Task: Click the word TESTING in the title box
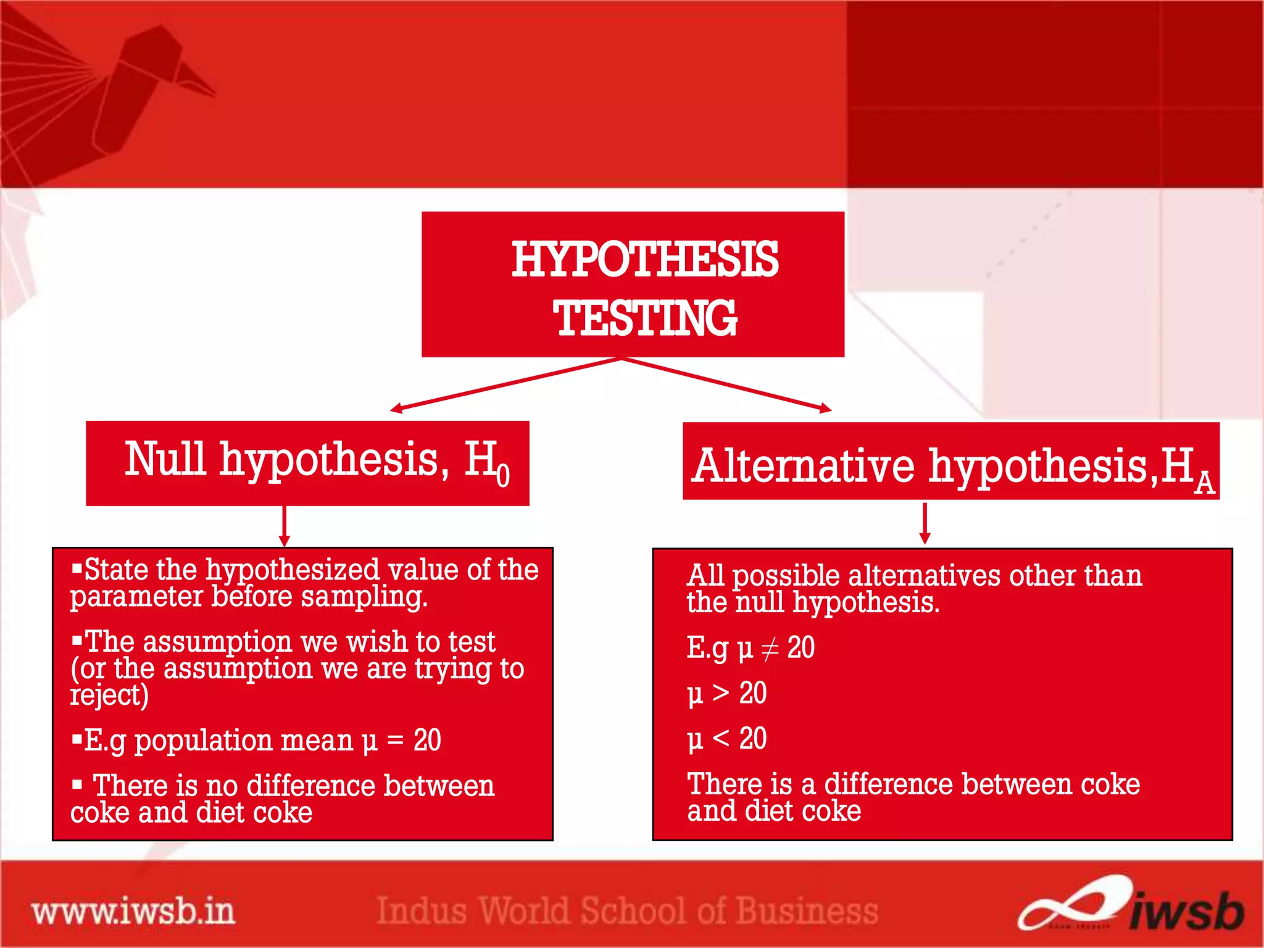click(645, 318)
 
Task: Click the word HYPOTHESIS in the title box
click(645, 259)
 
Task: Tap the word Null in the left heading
click(165, 459)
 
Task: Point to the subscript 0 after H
click(503, 475)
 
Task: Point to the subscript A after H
click(1204, 483)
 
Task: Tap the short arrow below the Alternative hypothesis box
click(925, 523)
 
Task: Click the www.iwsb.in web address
click(133, 912)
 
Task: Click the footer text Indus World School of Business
click(627, 911)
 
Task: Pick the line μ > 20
click(727, 693)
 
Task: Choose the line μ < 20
click(727, 739)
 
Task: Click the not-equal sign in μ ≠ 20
click(770, 649)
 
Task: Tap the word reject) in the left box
click(109, 696)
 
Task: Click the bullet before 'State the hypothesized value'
click(77, 568)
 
